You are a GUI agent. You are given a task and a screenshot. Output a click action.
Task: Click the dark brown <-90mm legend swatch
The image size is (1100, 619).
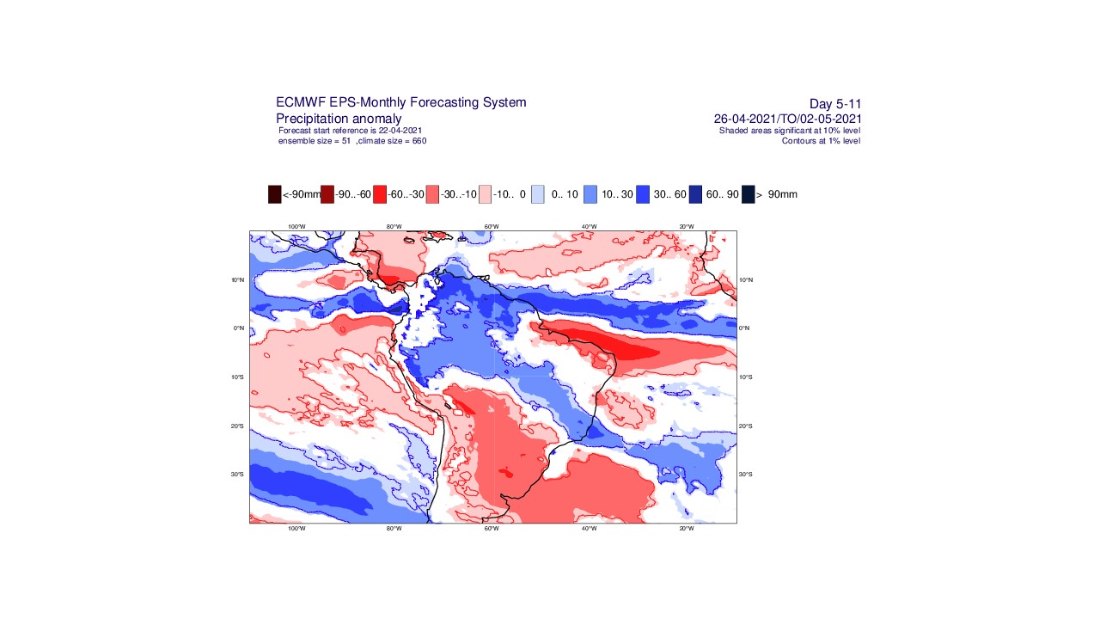(275, 194)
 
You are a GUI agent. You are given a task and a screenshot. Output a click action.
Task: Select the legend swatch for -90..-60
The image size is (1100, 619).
(327, 194)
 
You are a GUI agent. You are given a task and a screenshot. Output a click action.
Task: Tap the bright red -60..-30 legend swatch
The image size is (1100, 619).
(380, 194)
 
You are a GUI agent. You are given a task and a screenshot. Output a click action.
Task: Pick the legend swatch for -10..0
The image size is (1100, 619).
(486, 194)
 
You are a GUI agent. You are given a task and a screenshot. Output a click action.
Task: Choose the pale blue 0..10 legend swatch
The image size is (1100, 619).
(538, 194)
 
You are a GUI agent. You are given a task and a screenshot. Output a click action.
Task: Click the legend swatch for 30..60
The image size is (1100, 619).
(643, 194)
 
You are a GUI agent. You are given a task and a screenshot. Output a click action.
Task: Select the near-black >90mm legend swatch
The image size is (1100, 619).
(749, 194)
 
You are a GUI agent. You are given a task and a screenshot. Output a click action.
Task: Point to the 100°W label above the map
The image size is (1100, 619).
(296, 226)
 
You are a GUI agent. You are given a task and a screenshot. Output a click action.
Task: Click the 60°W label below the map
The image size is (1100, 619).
(492, 528)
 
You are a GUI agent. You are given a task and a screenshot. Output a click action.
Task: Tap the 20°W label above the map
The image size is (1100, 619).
(687, 226)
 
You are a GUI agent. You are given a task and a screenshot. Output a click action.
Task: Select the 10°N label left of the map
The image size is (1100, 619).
(238, 279)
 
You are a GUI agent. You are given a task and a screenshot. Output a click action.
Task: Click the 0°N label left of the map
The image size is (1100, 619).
(238, 328)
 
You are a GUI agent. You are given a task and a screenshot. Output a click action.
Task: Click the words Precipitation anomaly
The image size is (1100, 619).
(339, 118)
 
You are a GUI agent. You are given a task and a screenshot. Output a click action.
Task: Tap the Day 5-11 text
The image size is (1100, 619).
(835, 104)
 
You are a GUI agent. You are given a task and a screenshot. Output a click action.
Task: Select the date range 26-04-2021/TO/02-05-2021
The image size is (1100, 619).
(787, 119)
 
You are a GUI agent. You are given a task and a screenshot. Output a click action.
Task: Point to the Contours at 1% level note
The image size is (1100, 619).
(821, 140)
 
